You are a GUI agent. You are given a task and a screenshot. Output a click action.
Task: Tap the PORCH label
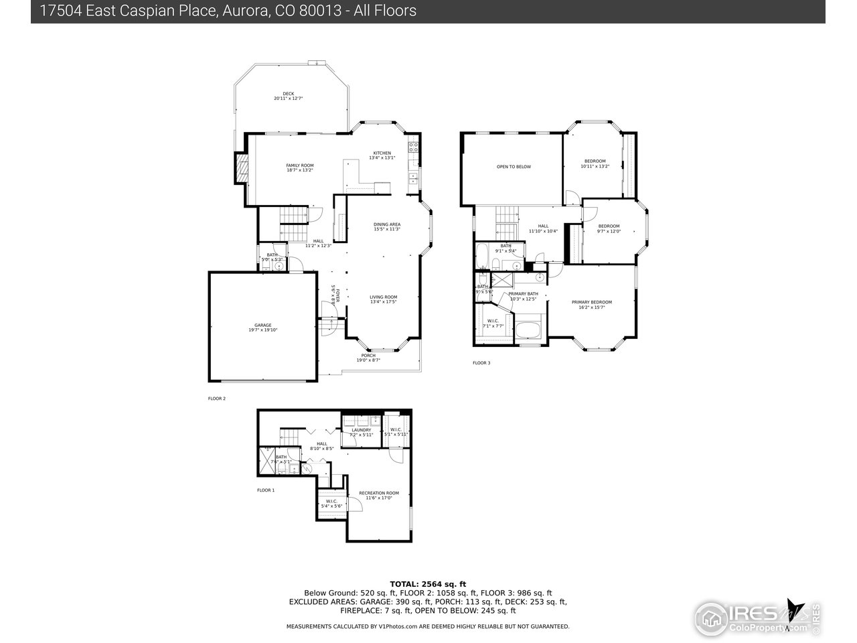(368, 357)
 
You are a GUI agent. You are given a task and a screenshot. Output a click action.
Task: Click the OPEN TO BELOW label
(514, 167)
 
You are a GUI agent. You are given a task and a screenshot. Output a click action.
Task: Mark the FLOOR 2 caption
(217, 399)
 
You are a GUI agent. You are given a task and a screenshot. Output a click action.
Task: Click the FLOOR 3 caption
(481, 363)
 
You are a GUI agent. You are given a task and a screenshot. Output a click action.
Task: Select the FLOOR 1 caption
(266, 490)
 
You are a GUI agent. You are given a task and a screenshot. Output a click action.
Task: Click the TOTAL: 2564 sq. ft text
(428, 584)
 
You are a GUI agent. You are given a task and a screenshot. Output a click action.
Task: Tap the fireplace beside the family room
(241, 167)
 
